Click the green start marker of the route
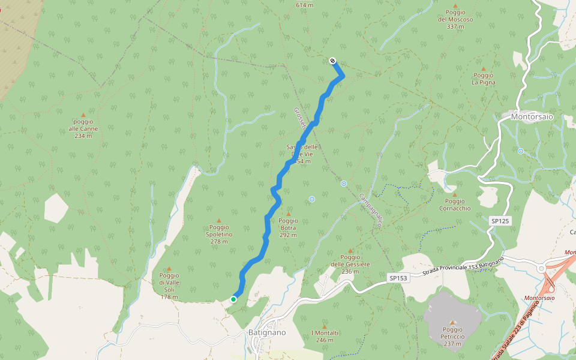(233, 299)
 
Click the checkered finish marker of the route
(332, 60)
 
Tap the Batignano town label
(267, 332)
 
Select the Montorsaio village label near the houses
(532, 117)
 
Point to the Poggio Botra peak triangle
(288, 214)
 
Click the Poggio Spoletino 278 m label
(219, 234)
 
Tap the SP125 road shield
(500, 221)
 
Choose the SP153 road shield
(398, 278)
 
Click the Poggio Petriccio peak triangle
(452, 322)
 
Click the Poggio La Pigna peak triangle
(483, 68)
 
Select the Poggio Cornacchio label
(454, 205)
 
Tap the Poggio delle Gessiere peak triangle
(350, 251)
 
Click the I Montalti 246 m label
(325, 336)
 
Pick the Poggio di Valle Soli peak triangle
(169, 268)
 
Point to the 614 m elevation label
(305, 5)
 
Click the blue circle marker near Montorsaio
(520, 151)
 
